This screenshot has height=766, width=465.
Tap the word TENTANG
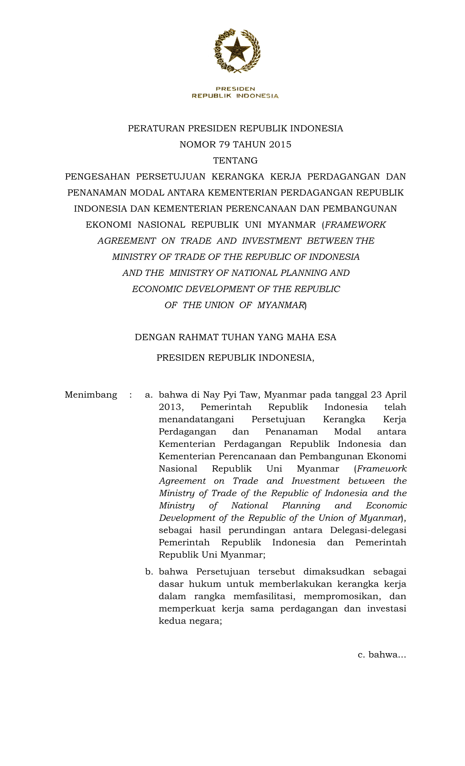(x=236, y=160)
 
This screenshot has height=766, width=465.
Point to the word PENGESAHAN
(x=97, y=177)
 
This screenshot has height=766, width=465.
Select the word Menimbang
(x=91, y=395)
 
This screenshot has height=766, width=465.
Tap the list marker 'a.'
(x=149, y=395)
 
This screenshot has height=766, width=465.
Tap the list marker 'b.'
(x=149, y=572)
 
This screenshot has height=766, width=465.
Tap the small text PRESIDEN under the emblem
(x=236, y=89)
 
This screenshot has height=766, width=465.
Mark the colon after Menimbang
(x=131, y=395)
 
